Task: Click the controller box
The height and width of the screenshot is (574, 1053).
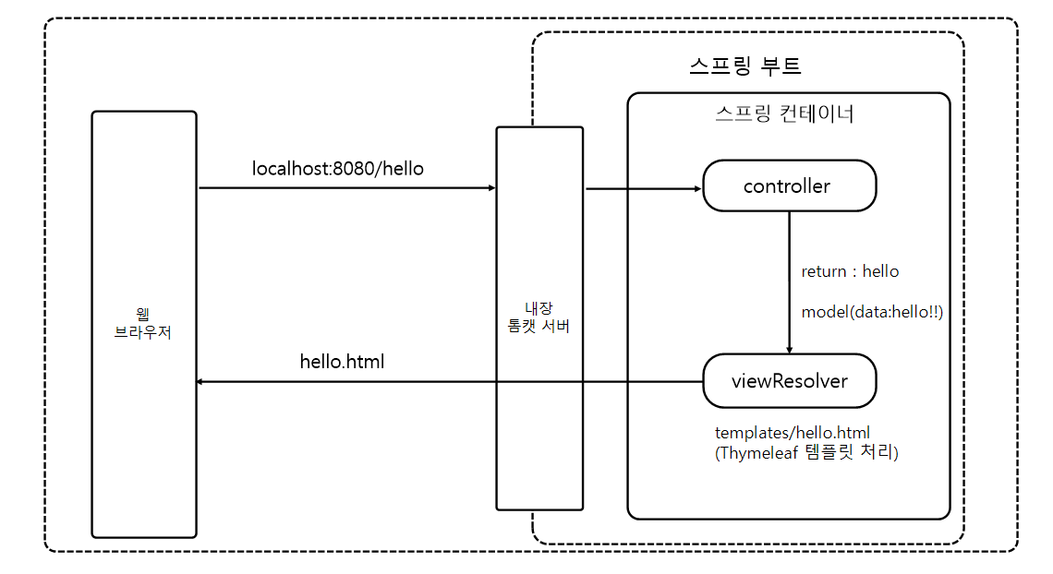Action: tap(789, 185)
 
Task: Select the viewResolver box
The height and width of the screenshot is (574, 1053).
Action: tap(789, 380)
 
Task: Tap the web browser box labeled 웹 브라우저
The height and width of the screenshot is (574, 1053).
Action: tap(143, 323)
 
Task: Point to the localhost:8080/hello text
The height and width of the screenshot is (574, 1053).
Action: tap(338, 169)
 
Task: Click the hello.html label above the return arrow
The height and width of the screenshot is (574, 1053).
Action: tap(342, 362)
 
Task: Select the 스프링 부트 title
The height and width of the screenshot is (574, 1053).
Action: tap(744, 66)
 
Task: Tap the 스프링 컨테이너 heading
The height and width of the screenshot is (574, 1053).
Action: tap(784, 114)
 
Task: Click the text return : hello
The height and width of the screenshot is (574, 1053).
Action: tap(850, 271)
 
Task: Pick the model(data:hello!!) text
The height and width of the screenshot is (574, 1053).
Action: tap(872, 312)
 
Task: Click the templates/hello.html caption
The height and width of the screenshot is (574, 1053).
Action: tap(792, 433)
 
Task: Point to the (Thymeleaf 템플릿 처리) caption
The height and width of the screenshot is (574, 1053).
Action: tap(806, 453)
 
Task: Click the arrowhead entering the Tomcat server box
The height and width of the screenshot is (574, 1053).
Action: tap(490, 188)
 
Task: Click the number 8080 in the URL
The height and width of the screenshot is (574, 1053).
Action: tap(349, 169)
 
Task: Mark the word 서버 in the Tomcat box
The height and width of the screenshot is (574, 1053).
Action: tap(558, 326)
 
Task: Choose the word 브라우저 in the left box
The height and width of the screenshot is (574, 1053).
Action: tap(143, 332)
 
